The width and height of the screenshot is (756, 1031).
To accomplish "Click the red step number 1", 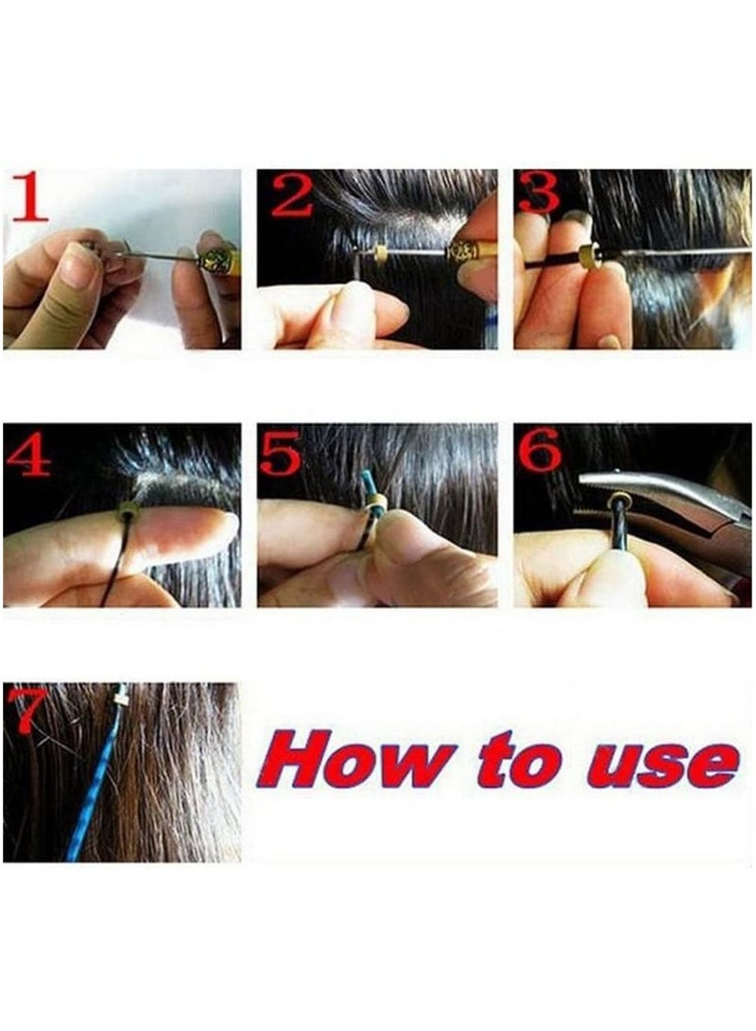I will [x=29, y=198].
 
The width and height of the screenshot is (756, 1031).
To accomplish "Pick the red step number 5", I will [x=281, y=454].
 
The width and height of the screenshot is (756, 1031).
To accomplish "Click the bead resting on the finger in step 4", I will [x=126, y=512].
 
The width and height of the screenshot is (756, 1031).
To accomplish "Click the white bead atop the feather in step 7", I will [x=121, y=696].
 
